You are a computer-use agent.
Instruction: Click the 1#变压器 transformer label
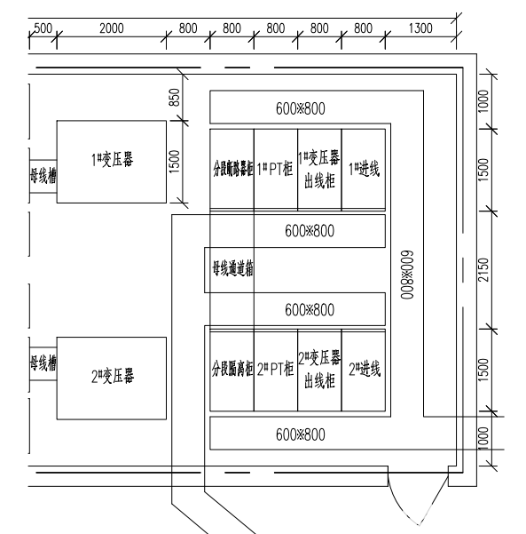coord(112,161)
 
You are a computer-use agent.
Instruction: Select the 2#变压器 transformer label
coord(112,377)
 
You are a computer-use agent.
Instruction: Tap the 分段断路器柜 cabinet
coord(232,169)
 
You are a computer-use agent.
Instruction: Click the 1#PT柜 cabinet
coord(275,169)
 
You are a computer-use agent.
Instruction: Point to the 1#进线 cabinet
coord(363,169)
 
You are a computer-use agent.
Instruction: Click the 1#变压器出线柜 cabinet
coord(318,169)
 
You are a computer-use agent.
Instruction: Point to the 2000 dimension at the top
coord(111,28)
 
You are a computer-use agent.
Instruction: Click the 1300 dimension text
coord(420,28)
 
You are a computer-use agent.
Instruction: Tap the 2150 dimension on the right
coord(483,268)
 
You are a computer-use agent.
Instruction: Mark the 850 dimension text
coord(175,99)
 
